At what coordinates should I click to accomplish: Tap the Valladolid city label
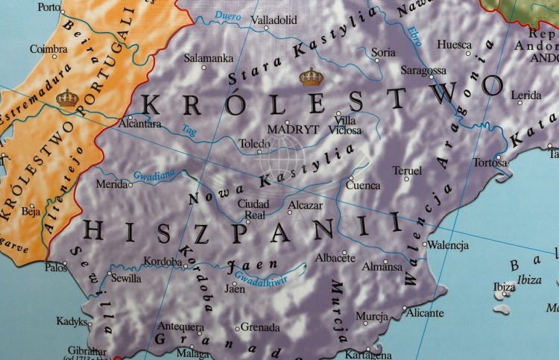coord(274,20)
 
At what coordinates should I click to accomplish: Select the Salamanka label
coord(209,57)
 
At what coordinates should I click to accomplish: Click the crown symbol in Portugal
coord(67,98)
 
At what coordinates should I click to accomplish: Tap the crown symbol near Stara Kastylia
coord(311,77)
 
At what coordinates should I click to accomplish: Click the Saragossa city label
coord(423,71)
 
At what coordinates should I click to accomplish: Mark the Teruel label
coord(407,171)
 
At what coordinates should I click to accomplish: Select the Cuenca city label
coord(364,186)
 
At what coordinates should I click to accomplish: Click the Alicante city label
coord(425,313)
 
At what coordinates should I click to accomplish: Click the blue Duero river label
coord(227,16)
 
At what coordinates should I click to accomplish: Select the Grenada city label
coord(260,327)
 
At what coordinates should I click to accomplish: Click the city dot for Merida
coord(131,185)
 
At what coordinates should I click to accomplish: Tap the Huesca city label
coord(454,45)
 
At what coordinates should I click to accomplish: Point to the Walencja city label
coord(448,244)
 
